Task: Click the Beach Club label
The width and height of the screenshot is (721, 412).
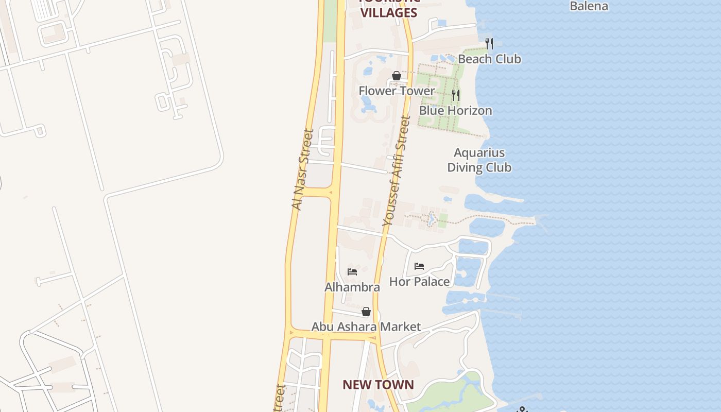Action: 489,59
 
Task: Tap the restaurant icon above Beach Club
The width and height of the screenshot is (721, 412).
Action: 489,43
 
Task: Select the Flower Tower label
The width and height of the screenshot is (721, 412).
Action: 397,91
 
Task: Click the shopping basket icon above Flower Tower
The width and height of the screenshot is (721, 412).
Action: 397,76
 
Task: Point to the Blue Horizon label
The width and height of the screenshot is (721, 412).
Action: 455,111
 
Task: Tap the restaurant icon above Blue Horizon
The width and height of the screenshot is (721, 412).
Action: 456,95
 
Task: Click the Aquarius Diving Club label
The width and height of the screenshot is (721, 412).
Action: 479,160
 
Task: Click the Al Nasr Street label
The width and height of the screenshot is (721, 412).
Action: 303,169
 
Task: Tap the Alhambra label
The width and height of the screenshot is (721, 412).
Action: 352,287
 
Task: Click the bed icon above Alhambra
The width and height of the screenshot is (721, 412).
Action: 352,272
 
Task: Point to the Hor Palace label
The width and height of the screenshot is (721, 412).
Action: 419,282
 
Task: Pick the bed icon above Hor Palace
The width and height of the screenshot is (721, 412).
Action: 419,266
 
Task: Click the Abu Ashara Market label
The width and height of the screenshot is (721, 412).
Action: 366,327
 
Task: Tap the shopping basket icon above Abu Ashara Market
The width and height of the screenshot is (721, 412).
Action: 366,312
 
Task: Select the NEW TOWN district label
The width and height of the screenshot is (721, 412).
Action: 378,385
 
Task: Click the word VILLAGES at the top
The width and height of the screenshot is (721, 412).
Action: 389,13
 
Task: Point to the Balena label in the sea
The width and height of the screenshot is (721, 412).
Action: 589,6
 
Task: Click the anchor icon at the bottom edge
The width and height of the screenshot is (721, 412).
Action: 523,409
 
